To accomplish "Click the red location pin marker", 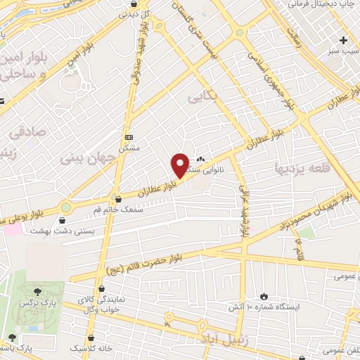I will click(180, 165).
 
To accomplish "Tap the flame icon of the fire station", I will click(264, 296).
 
